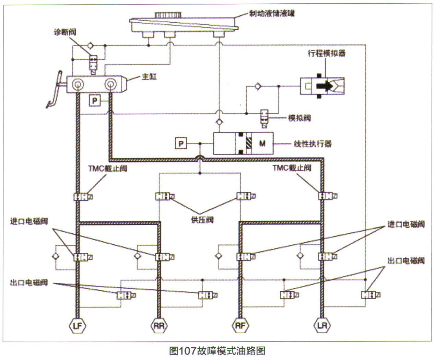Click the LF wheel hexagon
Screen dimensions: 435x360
click(78, 325)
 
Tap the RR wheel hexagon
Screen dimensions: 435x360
click(159, 325)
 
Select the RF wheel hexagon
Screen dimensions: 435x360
click(240, 325)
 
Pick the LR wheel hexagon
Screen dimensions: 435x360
click(322, 325)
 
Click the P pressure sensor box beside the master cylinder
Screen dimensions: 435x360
click(95, 101)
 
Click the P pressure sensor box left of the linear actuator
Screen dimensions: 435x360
click(181, 143)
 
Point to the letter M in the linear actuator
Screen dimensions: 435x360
click(262, 143)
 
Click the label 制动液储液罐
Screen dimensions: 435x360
click(272, 13)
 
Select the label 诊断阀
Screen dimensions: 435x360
click(65, 32)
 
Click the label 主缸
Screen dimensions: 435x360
click(149, 77)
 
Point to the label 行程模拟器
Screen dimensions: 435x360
click(327, 53)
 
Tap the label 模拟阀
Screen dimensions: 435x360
click(299, 118)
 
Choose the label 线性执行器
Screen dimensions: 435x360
click(313, 144)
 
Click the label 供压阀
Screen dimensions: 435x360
click(202, 220)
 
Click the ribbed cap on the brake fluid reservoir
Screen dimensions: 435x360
click(168, 15)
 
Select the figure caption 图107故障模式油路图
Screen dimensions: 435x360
click(217, 351)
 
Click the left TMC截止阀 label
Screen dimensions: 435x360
click(108, 168)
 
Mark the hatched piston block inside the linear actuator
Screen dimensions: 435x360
click(248, 143)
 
